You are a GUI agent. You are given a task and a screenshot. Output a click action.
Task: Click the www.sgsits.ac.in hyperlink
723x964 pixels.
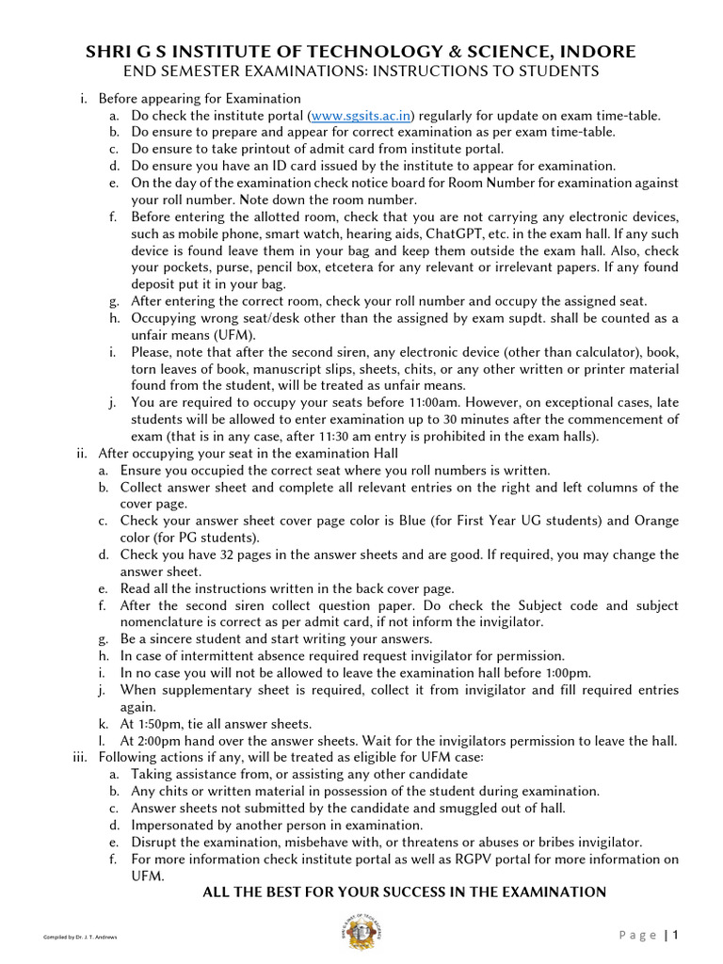pos(362,116)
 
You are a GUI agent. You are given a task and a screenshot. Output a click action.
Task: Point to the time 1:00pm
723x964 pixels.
pos(570,673)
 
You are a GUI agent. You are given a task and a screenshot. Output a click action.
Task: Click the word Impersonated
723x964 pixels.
pos(177,825)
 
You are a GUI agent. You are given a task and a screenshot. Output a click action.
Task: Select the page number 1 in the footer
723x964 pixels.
pos(675,935)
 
